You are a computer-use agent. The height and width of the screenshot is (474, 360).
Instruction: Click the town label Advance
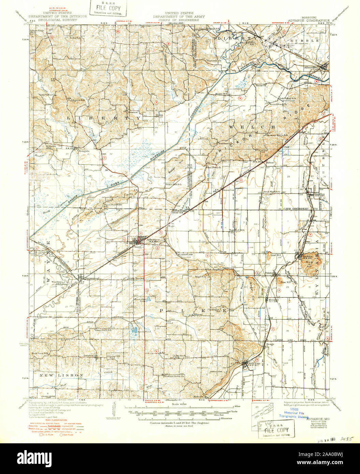(x=153, y=239)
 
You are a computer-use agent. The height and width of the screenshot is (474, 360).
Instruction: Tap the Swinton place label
(x=88, y=355)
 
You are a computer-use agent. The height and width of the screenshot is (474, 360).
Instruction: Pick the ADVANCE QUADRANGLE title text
(x=309, y=20)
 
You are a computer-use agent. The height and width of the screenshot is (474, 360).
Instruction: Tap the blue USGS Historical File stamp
(x=293, y=413)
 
